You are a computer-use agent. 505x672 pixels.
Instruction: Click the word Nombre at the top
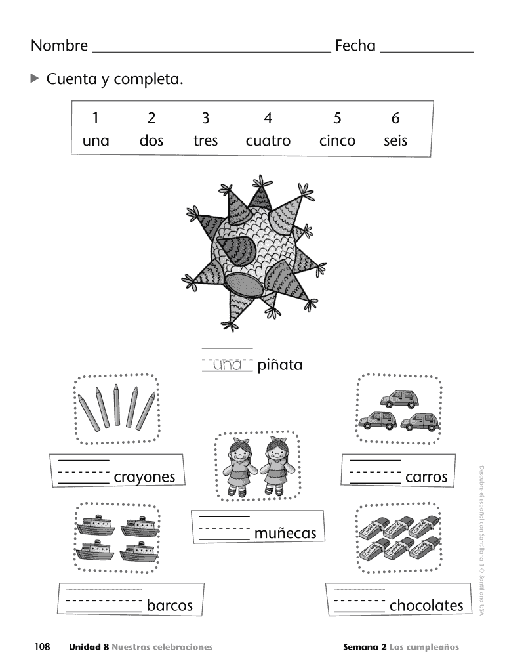[59, 45]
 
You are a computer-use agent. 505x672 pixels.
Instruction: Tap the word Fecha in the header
[355, 45]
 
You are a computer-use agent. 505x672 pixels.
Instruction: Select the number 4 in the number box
[268, 118]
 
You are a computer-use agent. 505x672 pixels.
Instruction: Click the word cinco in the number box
[337, 140]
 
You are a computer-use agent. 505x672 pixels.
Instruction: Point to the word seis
[395, 140]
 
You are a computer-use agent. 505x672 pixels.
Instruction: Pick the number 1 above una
[96, 118]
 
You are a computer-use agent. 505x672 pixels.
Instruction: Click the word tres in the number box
[205, 140]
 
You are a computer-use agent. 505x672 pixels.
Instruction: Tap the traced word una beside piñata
[227, 365]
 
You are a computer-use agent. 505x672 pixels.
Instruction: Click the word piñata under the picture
[280, 365]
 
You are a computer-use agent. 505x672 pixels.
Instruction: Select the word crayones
[144, 477]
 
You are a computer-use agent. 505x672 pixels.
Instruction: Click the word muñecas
[285, 534]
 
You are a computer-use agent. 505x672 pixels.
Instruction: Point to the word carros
[426, 477]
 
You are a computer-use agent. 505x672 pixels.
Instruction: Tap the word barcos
[169, 605]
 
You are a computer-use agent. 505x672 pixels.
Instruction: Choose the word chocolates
[426, 605]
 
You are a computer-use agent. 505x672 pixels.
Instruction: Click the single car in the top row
[397, 398]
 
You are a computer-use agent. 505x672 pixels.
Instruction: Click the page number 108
[43, 647]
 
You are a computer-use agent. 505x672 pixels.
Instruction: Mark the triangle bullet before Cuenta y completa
[35, 79]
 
